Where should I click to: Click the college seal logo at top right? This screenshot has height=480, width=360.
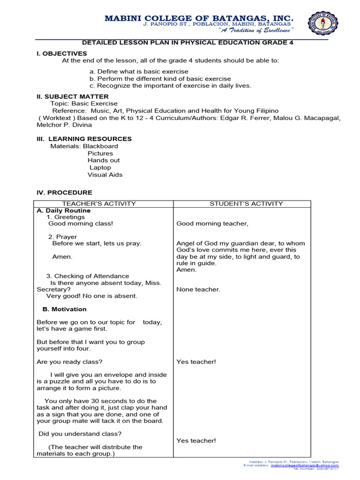click(x=325, y=23)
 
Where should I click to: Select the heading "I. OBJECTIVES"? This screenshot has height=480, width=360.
click(x=62, y=53)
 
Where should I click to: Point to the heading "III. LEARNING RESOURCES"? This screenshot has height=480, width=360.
click(x=84, y=139)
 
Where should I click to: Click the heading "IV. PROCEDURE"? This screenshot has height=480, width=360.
click(x=64, y=192)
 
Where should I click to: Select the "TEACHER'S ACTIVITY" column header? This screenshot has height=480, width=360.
click(x=99, y=203)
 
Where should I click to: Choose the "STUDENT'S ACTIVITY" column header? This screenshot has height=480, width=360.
click(x=246, y=203)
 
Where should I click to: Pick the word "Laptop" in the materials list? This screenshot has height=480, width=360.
click(x=100, y=167)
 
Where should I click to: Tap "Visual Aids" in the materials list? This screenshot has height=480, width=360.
click(x=105, y=174)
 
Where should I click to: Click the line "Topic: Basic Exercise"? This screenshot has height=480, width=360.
click(x=84, y=103)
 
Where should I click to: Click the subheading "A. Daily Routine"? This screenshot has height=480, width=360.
click(x=63, y=210)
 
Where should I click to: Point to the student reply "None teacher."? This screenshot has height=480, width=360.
click(x=198, y=289)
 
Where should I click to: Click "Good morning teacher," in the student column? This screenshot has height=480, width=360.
click(x=212, y=224)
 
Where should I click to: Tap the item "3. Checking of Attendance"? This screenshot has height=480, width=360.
click(x=88, y=276)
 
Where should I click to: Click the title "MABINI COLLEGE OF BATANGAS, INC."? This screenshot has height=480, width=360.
click(x=199, y=18)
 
